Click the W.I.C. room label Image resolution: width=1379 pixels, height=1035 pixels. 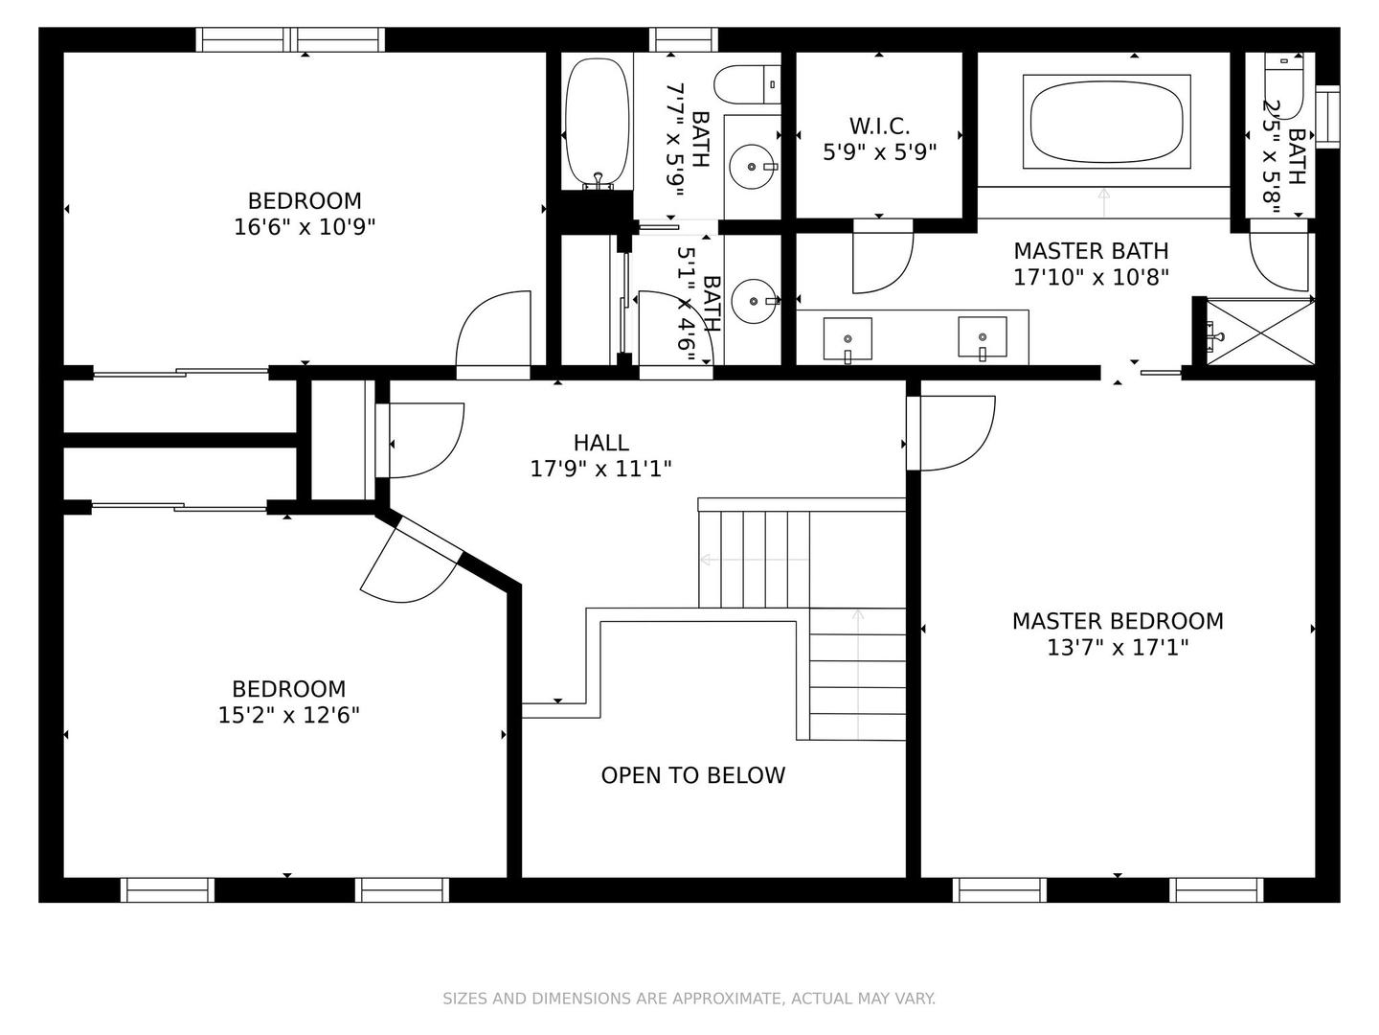(879, 126)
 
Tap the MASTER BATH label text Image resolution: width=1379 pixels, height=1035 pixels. (1091, 251)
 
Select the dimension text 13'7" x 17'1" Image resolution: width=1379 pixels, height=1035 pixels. (1117, 647)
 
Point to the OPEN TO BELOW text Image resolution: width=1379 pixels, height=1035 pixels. (693, 775)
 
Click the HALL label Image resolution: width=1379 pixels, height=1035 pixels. (601, 443)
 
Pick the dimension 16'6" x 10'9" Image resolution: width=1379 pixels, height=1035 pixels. (305, 227)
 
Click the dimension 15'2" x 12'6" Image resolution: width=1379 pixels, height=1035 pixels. (288, 715)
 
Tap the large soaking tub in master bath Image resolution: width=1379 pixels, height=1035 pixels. (1106, 122)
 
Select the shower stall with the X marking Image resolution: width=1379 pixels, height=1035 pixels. (1260, 332)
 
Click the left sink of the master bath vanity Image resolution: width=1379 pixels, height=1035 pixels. (848, 339)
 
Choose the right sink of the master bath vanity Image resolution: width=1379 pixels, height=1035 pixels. (982, 338)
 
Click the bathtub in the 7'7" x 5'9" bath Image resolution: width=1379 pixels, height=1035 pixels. (597, 124)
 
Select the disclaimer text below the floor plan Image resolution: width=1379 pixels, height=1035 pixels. (689, 998)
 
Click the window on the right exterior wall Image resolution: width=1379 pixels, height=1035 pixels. (1327, 117)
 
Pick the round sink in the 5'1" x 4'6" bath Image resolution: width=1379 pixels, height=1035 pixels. (755, 301)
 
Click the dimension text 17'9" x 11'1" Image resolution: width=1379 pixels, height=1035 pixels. (601, 469)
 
